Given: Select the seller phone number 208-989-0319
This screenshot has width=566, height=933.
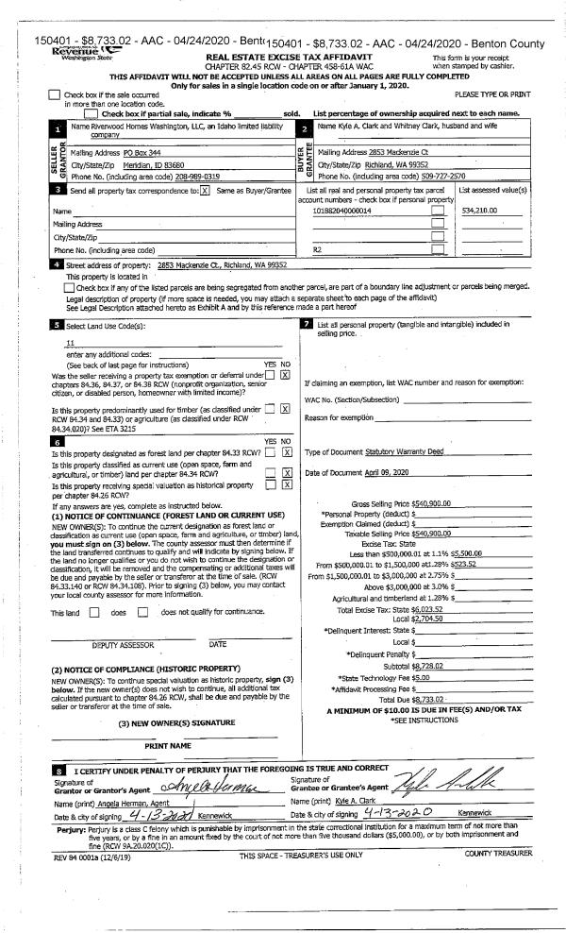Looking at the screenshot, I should [x=196, y=177].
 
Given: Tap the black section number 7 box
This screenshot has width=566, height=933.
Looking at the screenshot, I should [x=307, y=326].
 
